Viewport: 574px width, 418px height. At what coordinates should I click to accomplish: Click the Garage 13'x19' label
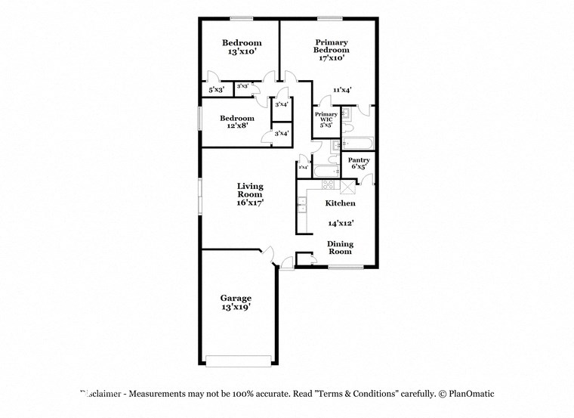(236, 302)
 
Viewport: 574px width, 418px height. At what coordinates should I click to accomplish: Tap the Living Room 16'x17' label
(250, 194)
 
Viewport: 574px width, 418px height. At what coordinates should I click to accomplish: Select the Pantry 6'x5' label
(358, 163)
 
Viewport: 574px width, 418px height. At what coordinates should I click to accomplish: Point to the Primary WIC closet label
(326, 120)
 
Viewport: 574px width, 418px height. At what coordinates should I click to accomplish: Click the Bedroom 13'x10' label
(242, 48)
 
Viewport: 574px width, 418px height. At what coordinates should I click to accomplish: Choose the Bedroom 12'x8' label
(236, 122)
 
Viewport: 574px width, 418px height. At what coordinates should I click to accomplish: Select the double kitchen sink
(301, 201)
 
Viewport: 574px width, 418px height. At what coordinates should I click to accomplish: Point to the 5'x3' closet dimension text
(216, 89)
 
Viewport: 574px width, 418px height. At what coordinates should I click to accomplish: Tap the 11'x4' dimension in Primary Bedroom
(342, 90)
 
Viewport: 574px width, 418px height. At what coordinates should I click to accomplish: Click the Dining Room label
(339, 247)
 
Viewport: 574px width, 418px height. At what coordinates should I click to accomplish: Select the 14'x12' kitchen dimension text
(341, 223)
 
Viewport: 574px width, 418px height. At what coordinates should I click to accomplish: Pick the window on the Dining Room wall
(346, 266)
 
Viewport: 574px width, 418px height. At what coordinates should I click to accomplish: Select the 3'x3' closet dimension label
(243, 87)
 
